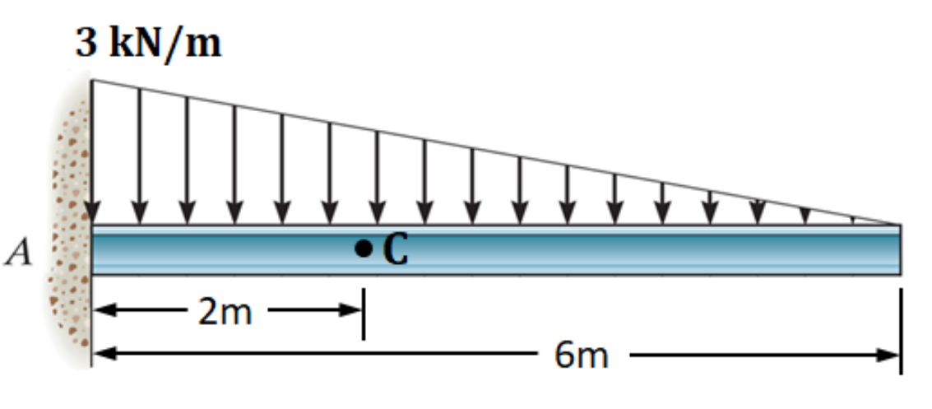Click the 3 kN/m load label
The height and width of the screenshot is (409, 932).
[149, 43]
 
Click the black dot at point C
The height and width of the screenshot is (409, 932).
[362, 247]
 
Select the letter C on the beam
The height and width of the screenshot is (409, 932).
[395, 249]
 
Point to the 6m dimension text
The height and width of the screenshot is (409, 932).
[582, 356]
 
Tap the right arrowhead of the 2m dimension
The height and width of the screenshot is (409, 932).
[352, 311]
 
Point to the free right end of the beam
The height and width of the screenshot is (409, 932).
[898, 249]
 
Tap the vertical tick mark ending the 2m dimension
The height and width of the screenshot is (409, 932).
[363, 313]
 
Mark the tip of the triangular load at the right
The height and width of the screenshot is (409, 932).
[898, 223]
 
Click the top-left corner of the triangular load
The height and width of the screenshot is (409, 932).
[91, 80]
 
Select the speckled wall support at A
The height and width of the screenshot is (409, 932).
[70, 239]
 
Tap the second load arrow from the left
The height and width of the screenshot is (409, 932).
[140, 156]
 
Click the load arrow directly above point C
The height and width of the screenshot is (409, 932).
[378, 177]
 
